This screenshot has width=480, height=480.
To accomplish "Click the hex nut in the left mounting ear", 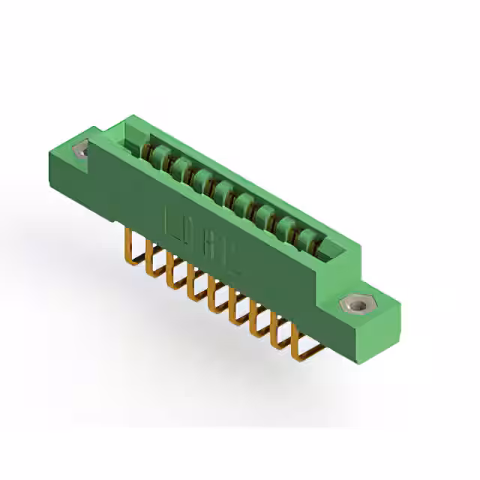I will pos(81,151).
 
